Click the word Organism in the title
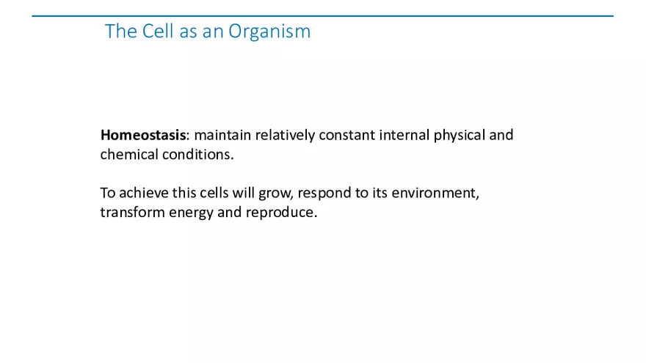click(x=269, y=32)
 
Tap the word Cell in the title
click(x=158, y=32)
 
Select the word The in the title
click(x=120, y=32)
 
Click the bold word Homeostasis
click(x=143, y=135)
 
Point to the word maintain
click(x=222, y=135)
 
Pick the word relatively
click(x=285, y=136)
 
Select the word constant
click(x=347, y=136)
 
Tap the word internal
click(x=404, y=135)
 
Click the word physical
click(x=460, y=136)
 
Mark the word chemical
click(x=129, y=154)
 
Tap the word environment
click(x=435, y=193)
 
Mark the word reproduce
click(x=281, y=213)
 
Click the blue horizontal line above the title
click(x=322, y=16)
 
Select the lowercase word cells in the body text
click(x=214, y=193)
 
